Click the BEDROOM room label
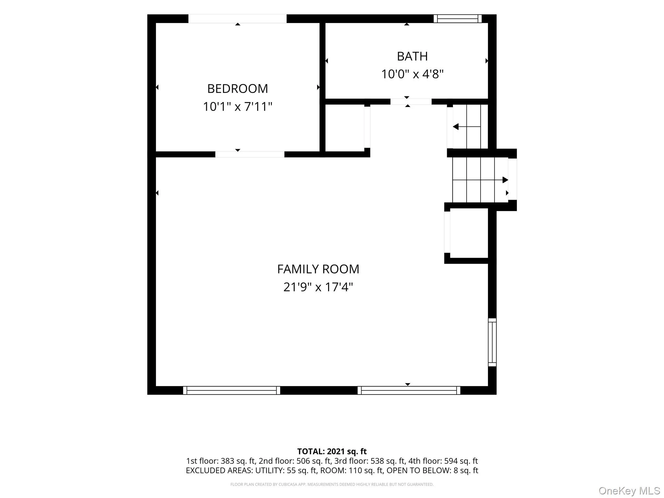(238, 89)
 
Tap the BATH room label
(412, 56)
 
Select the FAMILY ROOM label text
(318, 269)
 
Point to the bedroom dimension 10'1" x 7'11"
(238, 107)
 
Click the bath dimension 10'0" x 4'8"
(412, 74)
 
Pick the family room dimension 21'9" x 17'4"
(318, 287)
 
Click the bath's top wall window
(457, 18)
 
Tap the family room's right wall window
(492, 342)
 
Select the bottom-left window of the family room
(231, 390)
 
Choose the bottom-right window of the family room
(409, 390)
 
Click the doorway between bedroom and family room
(250, 154)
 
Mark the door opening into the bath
(411, 101)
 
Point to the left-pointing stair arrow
(467, 126)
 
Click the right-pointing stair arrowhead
(505, 180)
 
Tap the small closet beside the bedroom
(345, 128)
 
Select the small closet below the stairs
(469, 233)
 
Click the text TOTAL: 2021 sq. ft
(332, 451)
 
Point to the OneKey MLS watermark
(629, 491)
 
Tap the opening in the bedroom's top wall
(237, 18)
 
